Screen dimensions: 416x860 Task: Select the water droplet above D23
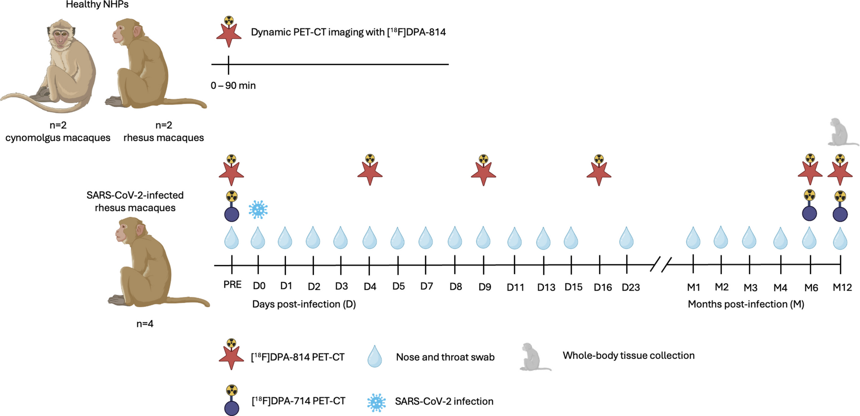coord(626,239)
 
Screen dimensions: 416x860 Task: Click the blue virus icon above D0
coord(258,210)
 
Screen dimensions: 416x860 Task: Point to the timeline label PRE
coord(232,285)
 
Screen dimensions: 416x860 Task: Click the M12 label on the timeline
coord(842,288)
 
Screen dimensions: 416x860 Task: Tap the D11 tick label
coord(515,288)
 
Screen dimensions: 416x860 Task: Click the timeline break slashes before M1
coord(661,265)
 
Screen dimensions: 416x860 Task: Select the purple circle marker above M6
coord(810,213)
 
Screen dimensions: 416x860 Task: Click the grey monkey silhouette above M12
coord(841,133)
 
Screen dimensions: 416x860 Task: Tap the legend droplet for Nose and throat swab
coord(375,357)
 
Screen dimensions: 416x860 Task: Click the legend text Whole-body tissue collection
coord(628,355)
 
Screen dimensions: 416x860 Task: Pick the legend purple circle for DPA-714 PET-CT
coord(231,408)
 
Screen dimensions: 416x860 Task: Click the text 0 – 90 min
coord(233,86)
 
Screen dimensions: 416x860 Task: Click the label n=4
coord(145,324)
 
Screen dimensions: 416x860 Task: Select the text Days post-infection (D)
coord(304,304)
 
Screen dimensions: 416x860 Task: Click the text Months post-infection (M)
coord(746,304)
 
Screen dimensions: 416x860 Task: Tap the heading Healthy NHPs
coord(97,5)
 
